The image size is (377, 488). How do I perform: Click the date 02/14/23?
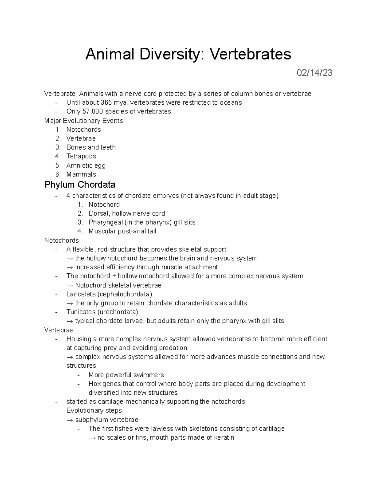point(314,73)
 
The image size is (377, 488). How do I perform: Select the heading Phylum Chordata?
point(80,184)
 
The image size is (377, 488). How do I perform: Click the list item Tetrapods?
point(81,156)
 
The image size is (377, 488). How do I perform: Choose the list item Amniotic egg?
point(86,165)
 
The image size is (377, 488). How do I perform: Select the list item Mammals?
point(81,174)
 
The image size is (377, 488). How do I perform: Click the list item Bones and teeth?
point(91,147)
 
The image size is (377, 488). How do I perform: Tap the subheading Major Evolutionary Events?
point(84,121)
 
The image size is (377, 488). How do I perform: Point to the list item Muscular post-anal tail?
point(122,231)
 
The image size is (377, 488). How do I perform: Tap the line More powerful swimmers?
point(126,375)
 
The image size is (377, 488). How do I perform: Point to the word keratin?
point(224,437)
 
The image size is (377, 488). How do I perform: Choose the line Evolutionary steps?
point(94,410)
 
